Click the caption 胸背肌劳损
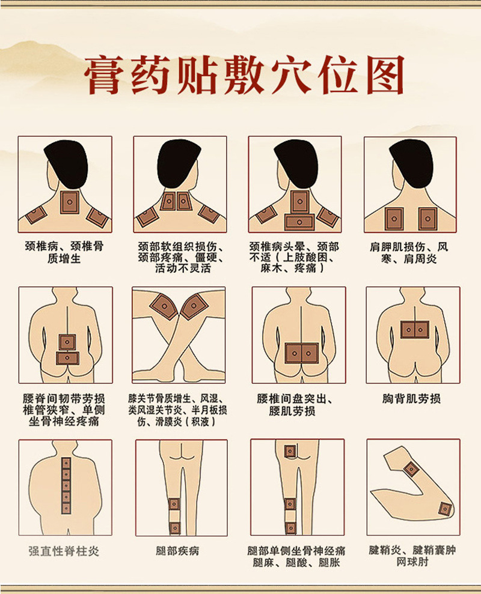click(411, 399)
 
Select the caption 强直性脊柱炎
click(64, 551)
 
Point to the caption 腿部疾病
click(177, 550)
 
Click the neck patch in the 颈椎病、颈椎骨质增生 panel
click(70, 202)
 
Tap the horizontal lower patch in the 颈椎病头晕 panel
click(299, 222)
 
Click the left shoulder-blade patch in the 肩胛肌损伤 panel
click(394, 219)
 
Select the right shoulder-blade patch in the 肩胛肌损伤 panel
click(427, 219)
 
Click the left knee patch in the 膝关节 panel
click(164, 306)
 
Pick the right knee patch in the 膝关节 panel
click(194, 306)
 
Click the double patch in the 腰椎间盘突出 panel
click(302, 353)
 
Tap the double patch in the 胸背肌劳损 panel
click(415, 330)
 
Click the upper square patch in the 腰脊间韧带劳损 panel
click(67, 342)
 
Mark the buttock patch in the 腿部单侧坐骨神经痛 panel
click(290, 451)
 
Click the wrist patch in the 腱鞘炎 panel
click(411, 469)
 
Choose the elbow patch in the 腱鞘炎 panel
click(444, 509)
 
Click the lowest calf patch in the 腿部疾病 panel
click(174, 528)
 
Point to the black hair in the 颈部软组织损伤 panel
click(179, 163)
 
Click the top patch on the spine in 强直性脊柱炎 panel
click(66, 462)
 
